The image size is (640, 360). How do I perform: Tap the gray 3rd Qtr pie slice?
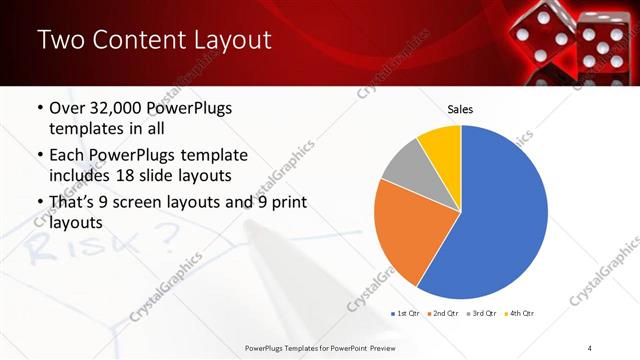click(405, 165)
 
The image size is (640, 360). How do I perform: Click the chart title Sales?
click(460, 110)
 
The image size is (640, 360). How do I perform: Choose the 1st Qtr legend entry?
click(405, 313)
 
